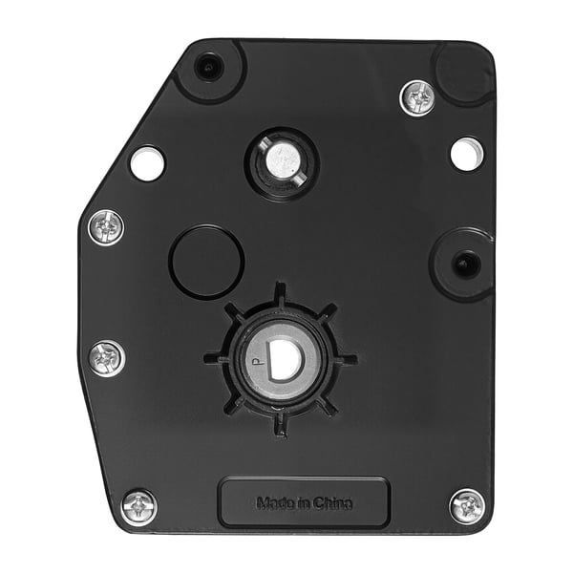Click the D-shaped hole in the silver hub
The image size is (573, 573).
click(x=285, y=360)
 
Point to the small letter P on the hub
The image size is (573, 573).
click(x=257, y=362)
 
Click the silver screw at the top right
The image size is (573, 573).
click(x=417, y=97)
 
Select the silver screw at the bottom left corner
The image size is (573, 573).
click(x=139, y=508)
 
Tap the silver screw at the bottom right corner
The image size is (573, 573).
click(x=467, y=506)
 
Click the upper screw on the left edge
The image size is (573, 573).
click(x=106, y=227)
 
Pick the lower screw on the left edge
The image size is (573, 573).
click(x=107, y=358)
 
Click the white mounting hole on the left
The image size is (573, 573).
click(x=147, y=163)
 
